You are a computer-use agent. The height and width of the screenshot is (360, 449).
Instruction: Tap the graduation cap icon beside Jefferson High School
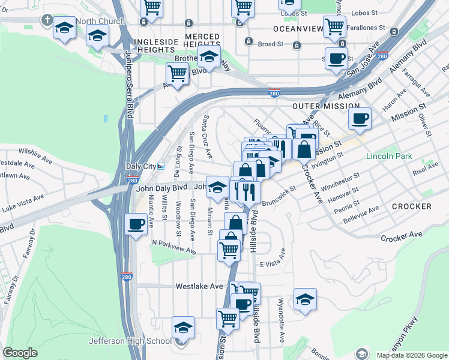(183, 328)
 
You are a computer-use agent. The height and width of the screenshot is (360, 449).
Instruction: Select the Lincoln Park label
(390, 156)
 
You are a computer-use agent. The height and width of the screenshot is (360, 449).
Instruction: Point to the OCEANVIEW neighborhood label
(295, 29)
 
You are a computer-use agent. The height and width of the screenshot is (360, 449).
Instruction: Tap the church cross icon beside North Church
(47, 20)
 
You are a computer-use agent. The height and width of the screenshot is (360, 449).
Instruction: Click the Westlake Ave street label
(199, 287)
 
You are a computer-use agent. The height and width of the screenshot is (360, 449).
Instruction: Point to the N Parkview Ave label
(174, 244)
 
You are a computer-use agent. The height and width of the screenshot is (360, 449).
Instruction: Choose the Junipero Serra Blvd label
(129, 84)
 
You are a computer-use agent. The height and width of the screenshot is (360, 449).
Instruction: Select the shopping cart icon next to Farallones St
(334, 26)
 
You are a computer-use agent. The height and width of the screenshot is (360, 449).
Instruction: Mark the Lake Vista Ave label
(23, 202)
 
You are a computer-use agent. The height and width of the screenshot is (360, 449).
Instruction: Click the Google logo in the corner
(20, 353)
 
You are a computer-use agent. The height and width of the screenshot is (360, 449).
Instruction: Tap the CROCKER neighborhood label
(411, 206)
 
